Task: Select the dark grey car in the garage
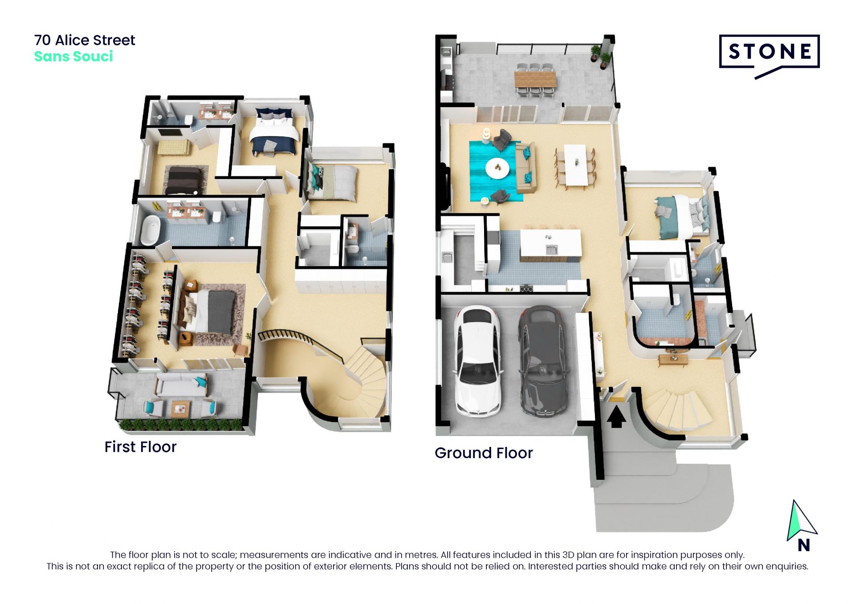click(x=542, y=361)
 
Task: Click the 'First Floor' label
click(x=140, y=447)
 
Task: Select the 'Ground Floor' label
click(x=484, y=453)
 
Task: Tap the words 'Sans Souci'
click(x=73, y=57)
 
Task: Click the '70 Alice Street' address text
click(x=85, y=40)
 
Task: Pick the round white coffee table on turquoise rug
click(x=498, y=168)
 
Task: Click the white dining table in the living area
click(x=575, y=165)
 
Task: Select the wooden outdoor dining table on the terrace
click(x=535, y=80)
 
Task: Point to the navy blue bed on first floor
click(x=273, y=132)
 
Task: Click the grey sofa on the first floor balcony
click(x=181, y=385)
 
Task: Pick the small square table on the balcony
click(x=181, y=409)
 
